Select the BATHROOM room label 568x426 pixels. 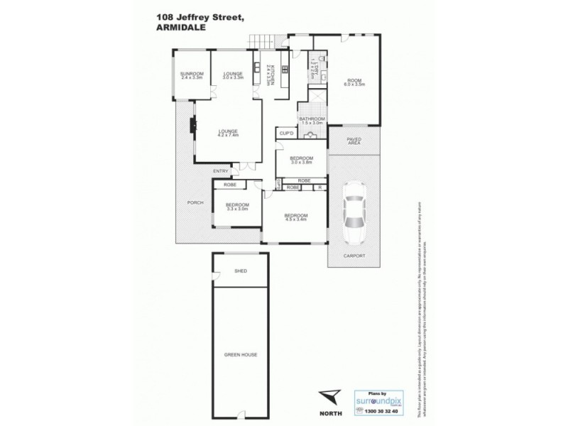tap(312, 120)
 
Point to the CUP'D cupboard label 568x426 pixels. tap(286, 133)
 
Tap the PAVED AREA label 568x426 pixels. tap(354, 141)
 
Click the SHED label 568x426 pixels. tap(241, 271)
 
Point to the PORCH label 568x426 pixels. tap(195, 203)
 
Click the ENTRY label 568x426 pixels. tap(221, 171)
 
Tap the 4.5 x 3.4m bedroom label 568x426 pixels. tap(295, 217)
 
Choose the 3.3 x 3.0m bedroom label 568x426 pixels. tap(236, 207)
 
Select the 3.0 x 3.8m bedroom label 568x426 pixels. tap(301, 160)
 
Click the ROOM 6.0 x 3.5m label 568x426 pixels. tap(354, 82)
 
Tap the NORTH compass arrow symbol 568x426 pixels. tap(330, 397)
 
